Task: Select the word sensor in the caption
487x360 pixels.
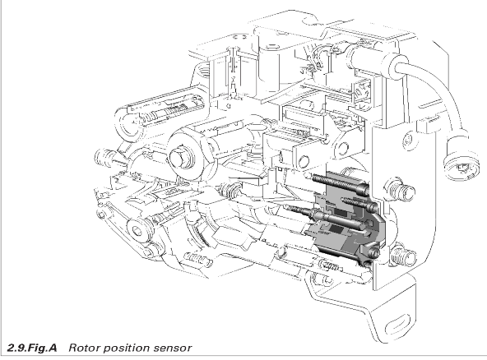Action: coord(173,348)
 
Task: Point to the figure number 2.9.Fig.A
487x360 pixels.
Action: coord(32,348)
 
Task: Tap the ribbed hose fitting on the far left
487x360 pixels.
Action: coord(104,156)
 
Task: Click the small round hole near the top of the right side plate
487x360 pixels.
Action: coord(409,140)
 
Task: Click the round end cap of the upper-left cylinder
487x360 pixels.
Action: coord(128,125)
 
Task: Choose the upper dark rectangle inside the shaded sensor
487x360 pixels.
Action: coord(341,213)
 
